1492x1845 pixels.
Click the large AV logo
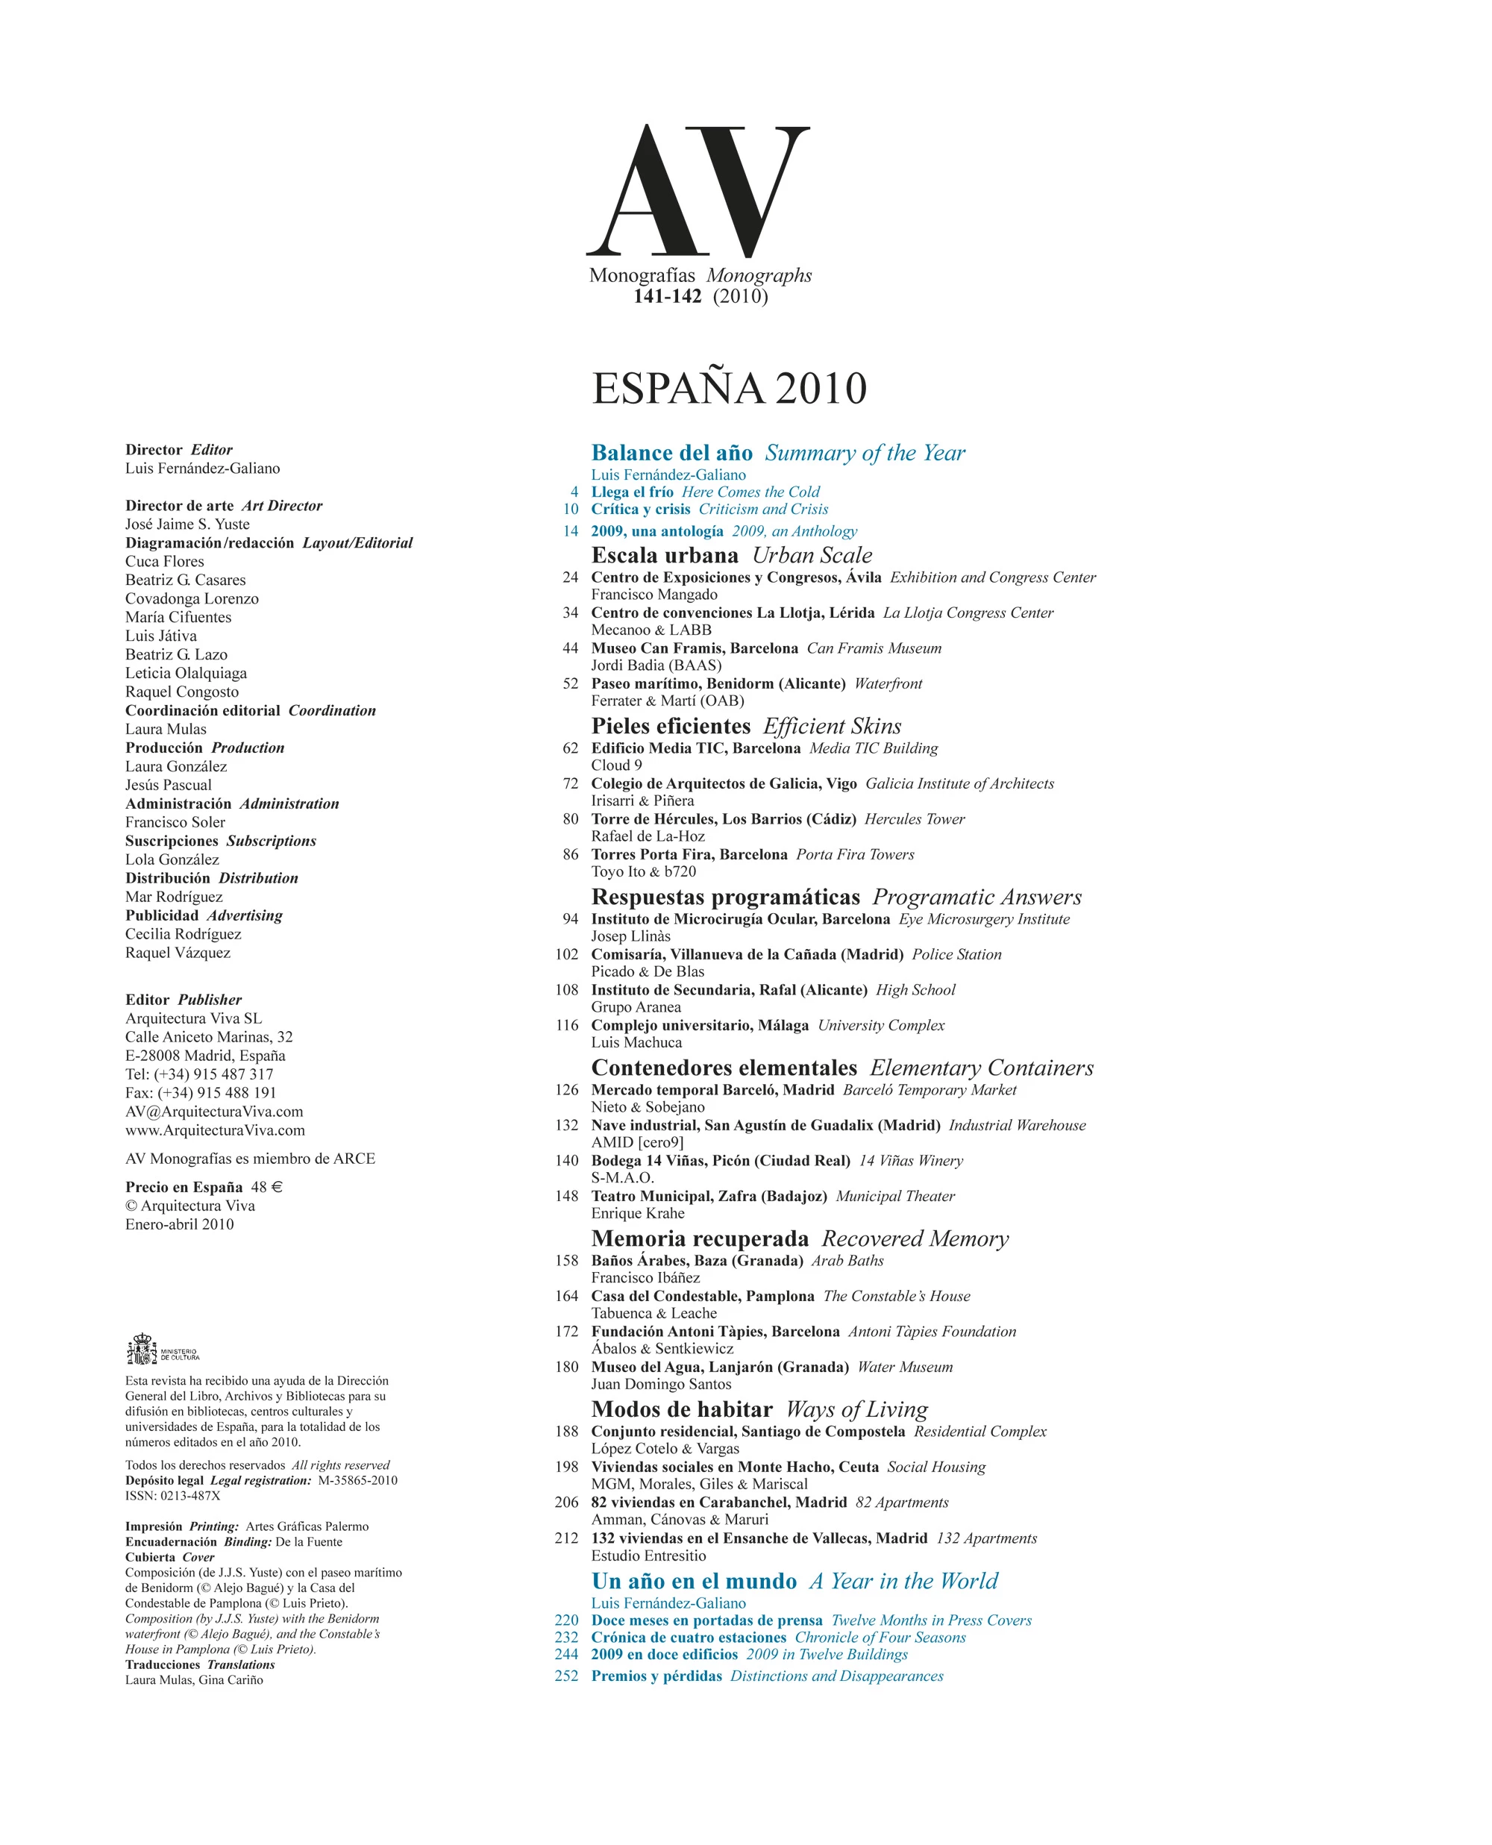[x=698, y=192]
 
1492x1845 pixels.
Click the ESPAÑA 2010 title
[x=729, y=389]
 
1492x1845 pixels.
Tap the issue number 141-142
[x=667, y=296]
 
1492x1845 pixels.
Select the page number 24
[x=570, y=577]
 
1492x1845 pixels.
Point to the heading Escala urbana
[x=665, y=555]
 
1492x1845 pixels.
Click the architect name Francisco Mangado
[x=654, y=595]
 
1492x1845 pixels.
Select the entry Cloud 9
[x=616, y=765]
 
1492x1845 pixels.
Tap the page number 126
[x=566, y=1090]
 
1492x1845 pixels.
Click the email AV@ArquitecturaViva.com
[x=214, y=1111]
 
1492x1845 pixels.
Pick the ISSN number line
[x=173, y=1495]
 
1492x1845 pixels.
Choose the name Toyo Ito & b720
[x=643, y=871]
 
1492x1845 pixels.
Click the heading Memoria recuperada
[x=700, y=1238]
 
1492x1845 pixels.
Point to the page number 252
[x=566, y=1675]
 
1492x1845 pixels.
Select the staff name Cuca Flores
[x=165, y=561]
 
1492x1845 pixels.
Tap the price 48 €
[x=266, y=1187]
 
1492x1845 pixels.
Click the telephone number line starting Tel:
[x=199, y=1074]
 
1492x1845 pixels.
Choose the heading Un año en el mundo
[x=694, y=1581]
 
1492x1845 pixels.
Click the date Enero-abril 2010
[x=180, y=1224]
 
